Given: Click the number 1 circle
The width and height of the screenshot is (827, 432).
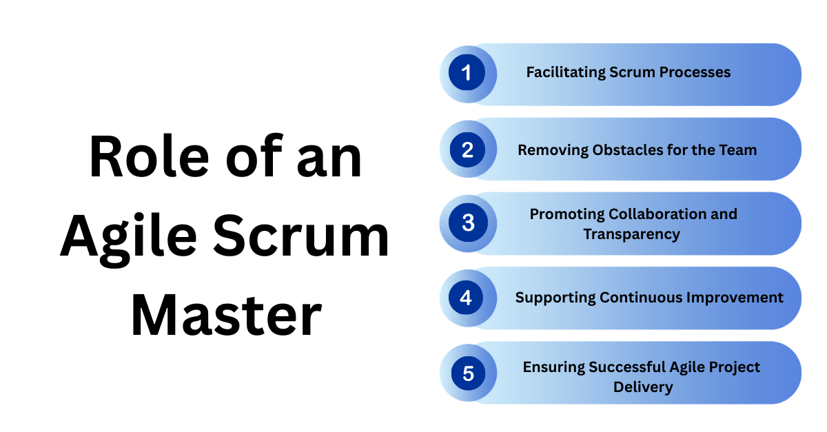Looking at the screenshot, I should pos(467,73).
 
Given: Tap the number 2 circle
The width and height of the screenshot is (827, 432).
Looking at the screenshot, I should pos(467,149).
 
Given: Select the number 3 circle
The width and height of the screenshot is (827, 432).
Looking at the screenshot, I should pos(468,223).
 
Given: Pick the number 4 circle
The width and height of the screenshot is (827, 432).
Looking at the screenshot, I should pos(467,298).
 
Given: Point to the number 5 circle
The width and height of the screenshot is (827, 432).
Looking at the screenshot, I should pos(468,373).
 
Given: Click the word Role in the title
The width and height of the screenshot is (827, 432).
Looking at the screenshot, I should pos(142,158).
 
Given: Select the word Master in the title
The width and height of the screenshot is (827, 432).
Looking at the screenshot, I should pos(225,314).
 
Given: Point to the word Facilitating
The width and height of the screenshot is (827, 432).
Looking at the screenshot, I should pos(565,72).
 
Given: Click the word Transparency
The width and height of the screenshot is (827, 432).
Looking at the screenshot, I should pos(631,234).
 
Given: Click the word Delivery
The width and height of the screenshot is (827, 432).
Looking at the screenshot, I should pos(643,387).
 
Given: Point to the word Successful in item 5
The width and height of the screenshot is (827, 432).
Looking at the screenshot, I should pos(627,367).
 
